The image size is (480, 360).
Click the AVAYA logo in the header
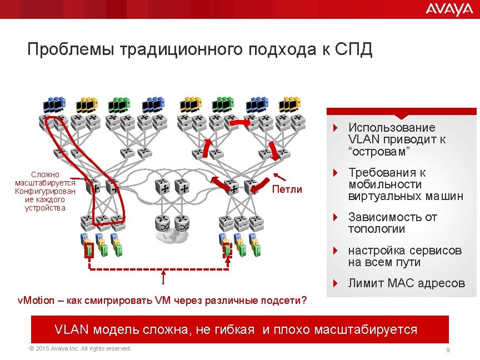click(x=449, y=9)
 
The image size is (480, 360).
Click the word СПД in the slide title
click(x=354, y=50)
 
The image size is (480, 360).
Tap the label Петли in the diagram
click(x=287, y=189)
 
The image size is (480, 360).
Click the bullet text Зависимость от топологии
click(x=392, y=223)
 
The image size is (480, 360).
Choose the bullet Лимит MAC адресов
click(x=406, y=283)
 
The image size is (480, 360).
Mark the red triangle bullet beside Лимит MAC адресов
click(x=335, y=283)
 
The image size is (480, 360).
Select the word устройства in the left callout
click(x=45, y=208)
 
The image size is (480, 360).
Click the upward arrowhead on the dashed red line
click(x=163, y=273)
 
